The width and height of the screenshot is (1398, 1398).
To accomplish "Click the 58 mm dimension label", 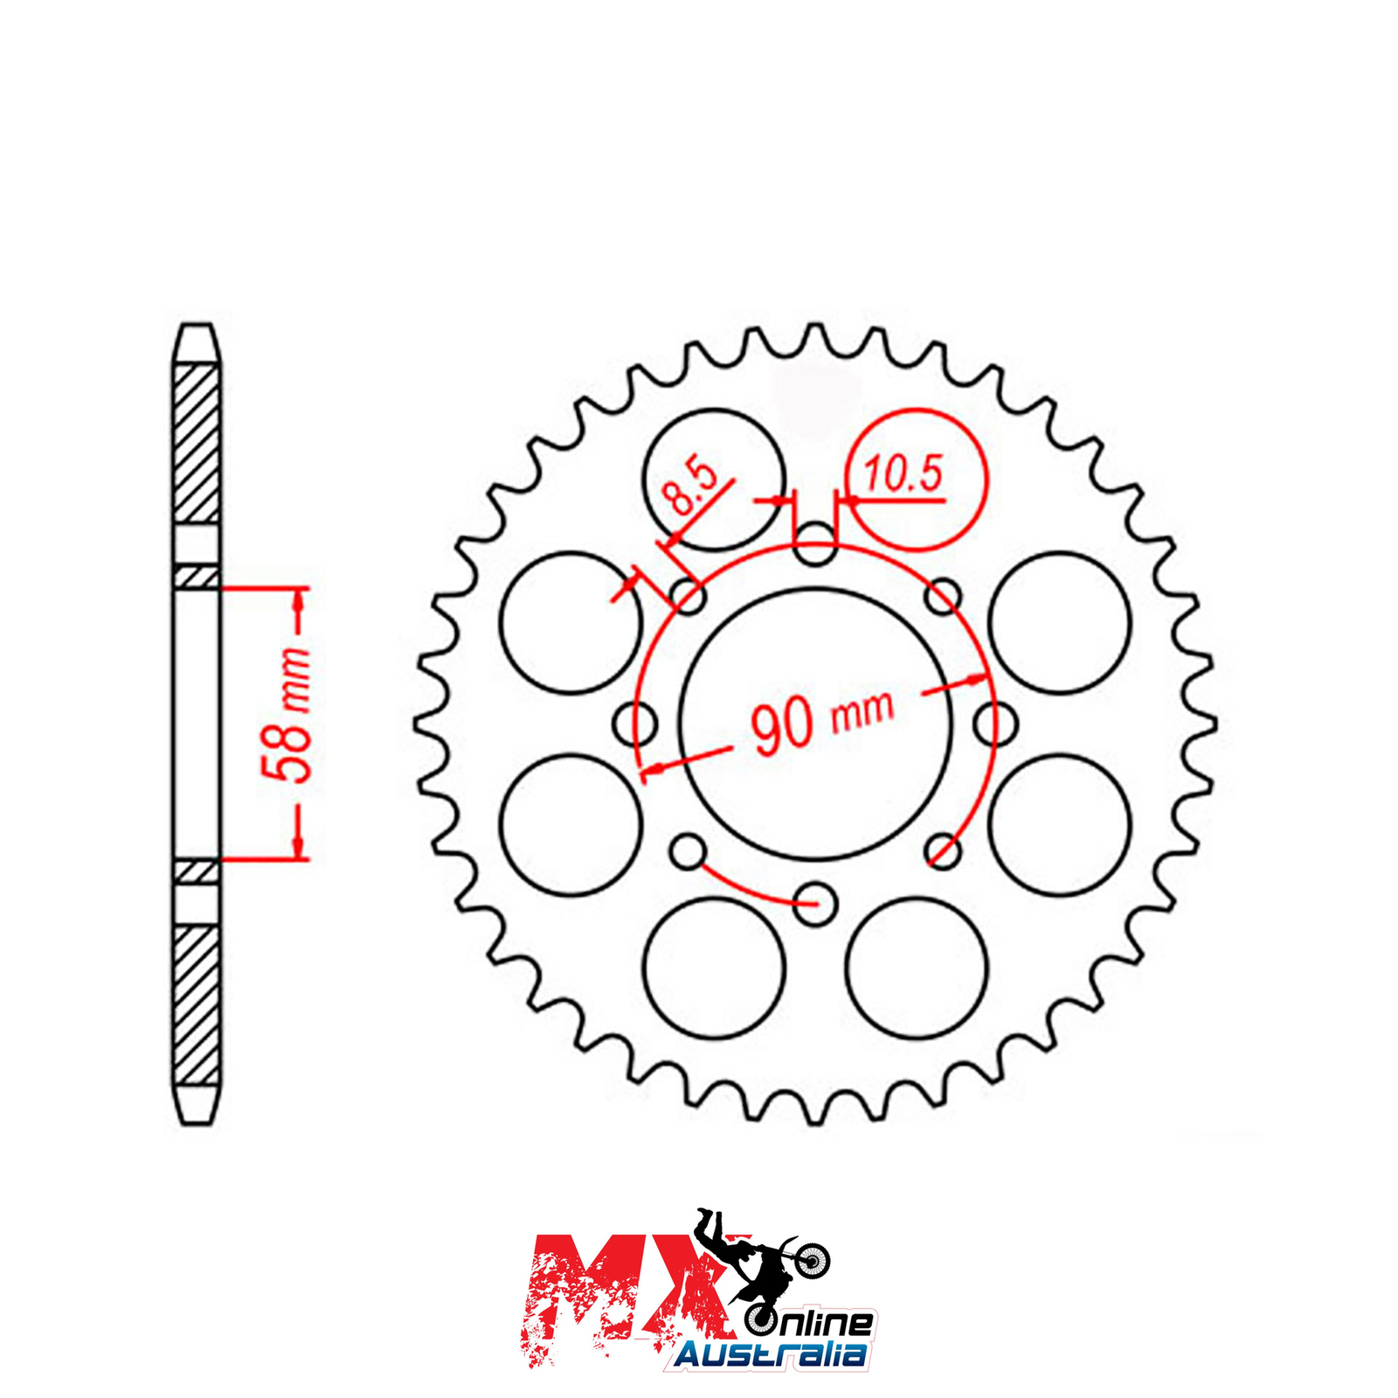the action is click(287, 715).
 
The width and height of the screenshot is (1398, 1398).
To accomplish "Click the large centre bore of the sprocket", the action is click(815, 723).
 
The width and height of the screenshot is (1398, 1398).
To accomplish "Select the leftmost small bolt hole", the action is click(635, 723).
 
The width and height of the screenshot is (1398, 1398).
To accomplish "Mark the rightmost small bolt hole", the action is click(995, 723).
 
